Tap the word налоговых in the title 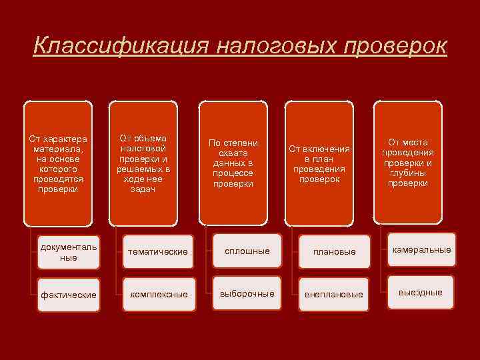(273, 46)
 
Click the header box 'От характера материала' (58, 163)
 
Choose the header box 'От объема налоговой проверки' (143, 163)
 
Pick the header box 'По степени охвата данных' (233, 163)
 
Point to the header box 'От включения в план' (319, 163)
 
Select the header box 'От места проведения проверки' (408, 163)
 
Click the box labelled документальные (69, 252)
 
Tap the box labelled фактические (69, 294)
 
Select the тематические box (159, 251)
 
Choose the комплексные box (159, 294)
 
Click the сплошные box (247, 251)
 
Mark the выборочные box (247, 294)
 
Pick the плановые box (334, 252)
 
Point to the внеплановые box (334, 294)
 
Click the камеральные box (422, 250)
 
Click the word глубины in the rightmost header (408, 173)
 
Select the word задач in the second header (143, 189)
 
